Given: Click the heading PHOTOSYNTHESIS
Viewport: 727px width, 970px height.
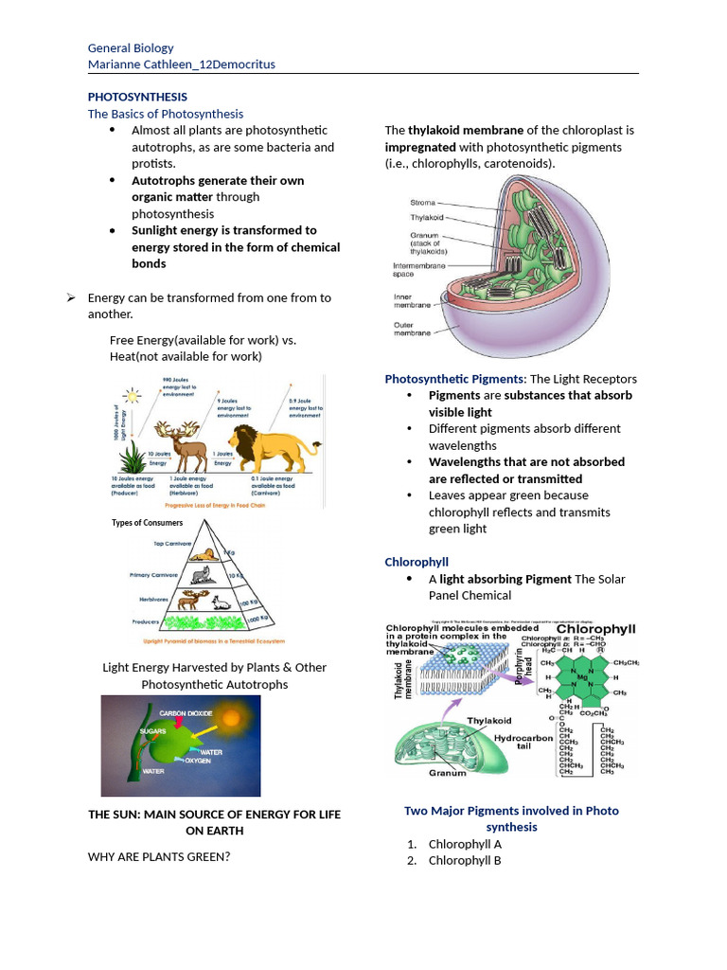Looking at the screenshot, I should click(137, 97).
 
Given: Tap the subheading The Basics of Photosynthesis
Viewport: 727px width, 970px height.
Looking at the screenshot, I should click(166, 114).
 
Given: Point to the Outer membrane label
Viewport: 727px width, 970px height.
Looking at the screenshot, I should click(411, 328).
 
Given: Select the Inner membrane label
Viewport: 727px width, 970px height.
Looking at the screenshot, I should click(411, 301).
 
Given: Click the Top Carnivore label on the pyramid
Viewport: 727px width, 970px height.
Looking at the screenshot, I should click(172, 544).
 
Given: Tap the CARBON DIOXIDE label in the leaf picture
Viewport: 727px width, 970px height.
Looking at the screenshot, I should click(186, 712).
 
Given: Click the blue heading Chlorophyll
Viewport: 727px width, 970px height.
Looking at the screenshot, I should click(417, 562).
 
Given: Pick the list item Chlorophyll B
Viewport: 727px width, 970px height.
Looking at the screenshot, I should click(465, 860).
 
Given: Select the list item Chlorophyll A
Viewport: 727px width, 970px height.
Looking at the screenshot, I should click(465, 844).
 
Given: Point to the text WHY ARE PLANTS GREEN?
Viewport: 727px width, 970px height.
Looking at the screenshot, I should click(159, 857).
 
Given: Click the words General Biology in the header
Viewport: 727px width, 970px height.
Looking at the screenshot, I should click(131, 48).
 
